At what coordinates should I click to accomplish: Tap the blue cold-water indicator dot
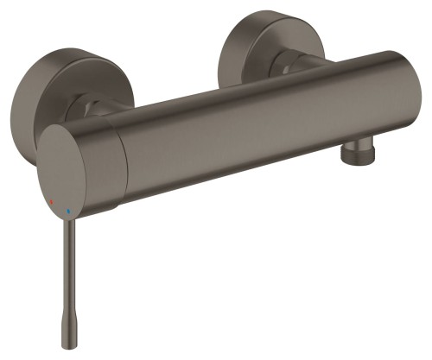click(68, 209)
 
